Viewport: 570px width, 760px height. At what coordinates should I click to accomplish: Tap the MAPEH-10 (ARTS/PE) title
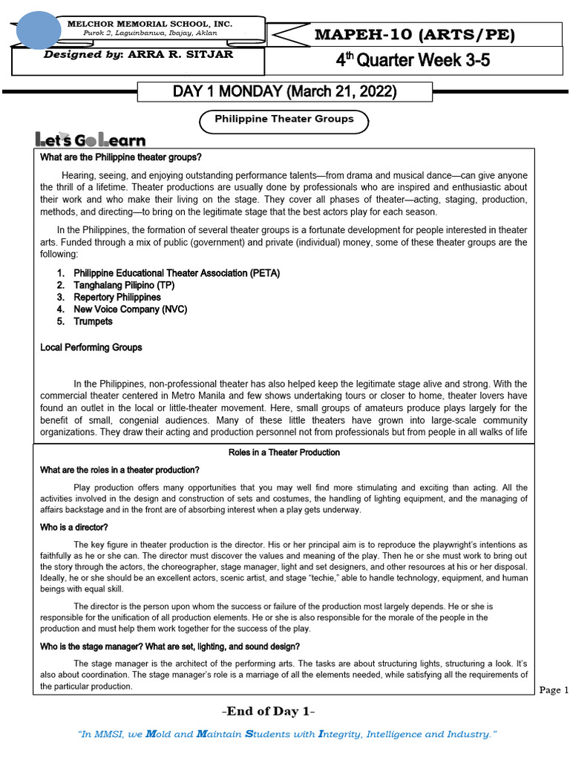click(414, 35)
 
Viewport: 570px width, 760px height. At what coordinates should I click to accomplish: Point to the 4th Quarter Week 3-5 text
click(413, 61)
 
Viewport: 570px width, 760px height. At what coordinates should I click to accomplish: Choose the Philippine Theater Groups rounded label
click(284, 119)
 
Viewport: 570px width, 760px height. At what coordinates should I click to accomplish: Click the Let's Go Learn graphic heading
click(91, 140)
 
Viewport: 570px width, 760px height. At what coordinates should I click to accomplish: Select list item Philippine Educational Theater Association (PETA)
click(177, 273)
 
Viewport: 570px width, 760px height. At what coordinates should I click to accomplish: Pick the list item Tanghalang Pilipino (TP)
click(124, 285)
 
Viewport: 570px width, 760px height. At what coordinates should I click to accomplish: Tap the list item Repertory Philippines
click(117, 297)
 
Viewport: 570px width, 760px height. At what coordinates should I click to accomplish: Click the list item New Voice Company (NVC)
click(129, 309)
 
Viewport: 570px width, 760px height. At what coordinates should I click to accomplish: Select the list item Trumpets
click(93, 321)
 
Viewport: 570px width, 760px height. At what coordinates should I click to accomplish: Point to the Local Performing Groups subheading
click(91, 347)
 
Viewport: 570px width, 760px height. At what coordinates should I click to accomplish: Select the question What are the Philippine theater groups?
click(120, 157)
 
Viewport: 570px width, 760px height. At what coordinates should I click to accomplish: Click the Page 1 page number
click(553, 690)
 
